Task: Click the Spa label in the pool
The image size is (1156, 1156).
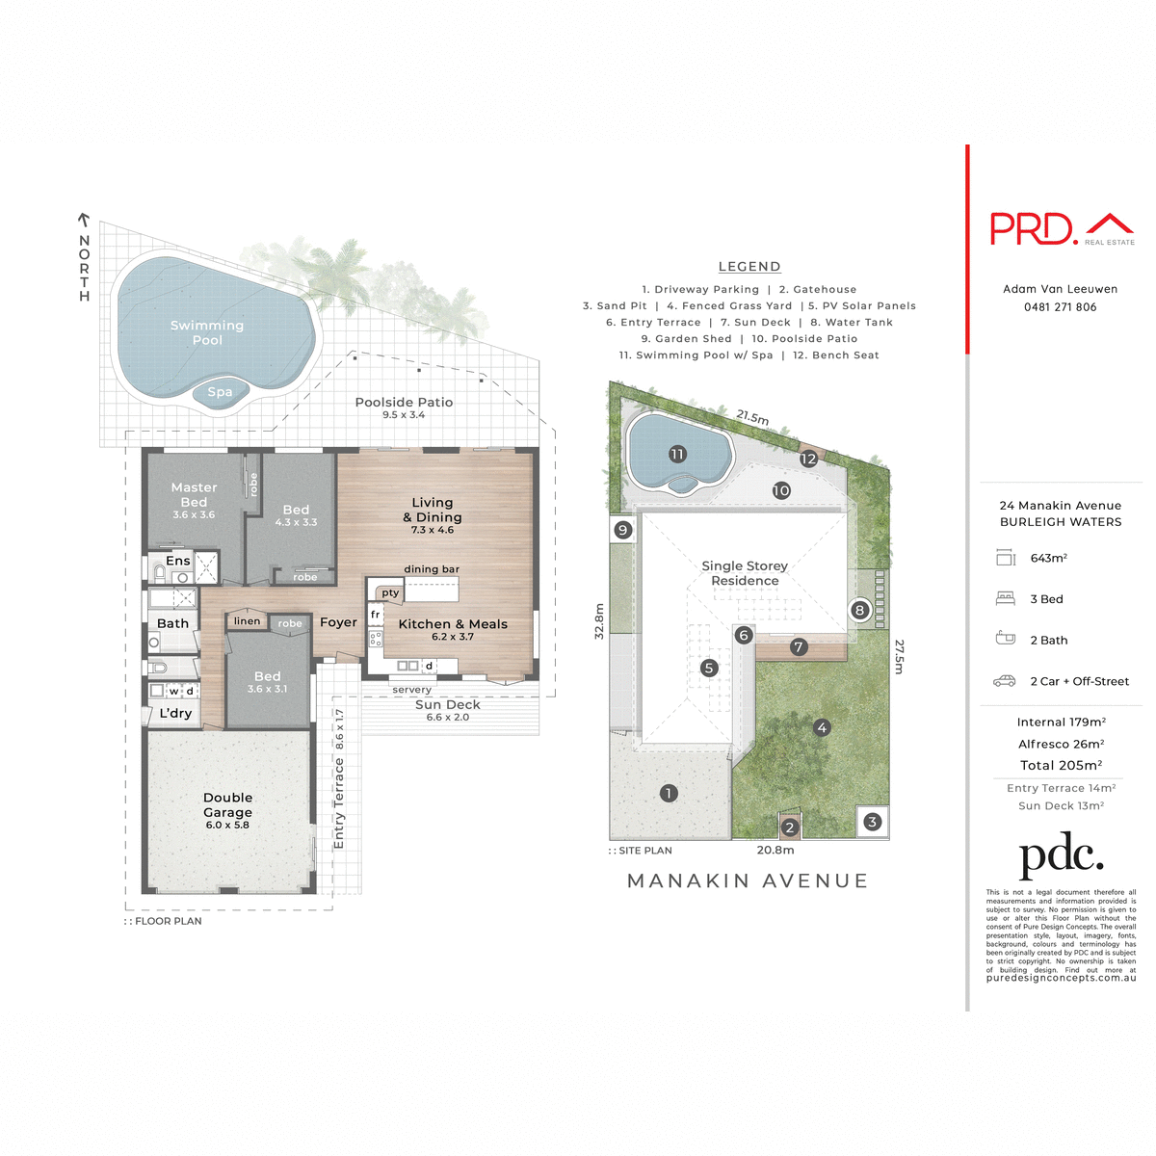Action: [x=220, y=392]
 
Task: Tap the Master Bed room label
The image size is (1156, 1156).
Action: [x=194, y=494]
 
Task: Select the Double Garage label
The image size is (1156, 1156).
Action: [x=227, y=804]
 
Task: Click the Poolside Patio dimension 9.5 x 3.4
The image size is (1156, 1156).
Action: [x=404, y=415]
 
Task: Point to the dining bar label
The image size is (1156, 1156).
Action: [x=432, y=569]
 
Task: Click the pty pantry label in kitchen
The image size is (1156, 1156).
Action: [x=390, y=593]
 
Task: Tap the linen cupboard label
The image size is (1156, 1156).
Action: [x=247, y=621]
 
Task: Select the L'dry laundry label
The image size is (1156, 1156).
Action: [x=175, y=713]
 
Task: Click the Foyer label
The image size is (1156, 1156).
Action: [x=338, y=622]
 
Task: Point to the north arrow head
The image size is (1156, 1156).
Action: [x=84, y=220]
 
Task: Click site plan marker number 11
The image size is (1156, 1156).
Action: [x=677, y=454]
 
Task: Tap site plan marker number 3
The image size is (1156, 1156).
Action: [x=872, y=822]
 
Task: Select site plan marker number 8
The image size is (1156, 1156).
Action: [x=859, y=610]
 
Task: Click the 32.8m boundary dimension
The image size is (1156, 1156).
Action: [x=599, y=621]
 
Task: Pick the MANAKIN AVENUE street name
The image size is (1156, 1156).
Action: [x=748, y=880]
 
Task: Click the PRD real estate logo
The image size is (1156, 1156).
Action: [x=1061, y=229]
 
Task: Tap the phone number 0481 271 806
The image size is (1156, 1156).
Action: [x=1060, y=307]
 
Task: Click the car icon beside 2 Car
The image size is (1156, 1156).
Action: [x=1004, y=681]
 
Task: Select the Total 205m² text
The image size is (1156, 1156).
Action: [x=1061, y=765]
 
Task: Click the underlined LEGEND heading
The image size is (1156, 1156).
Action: [x=749, y=267]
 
